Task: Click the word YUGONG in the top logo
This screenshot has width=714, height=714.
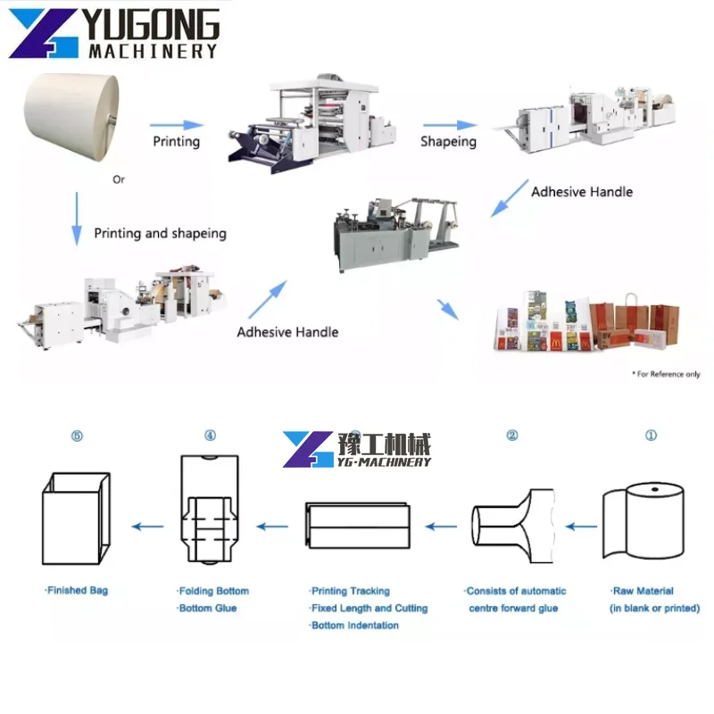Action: [153, 25]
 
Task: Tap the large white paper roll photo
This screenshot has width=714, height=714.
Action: [71, 117]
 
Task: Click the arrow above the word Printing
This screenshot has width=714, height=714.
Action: [177, 125]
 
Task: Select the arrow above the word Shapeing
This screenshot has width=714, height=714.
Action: [450, 125]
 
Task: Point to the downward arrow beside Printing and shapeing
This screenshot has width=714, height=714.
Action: [77, 219]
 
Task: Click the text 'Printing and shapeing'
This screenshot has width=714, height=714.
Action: [161, 234]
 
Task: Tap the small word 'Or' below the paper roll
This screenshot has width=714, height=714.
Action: [119, 180]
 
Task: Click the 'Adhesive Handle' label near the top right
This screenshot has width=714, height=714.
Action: [582, 192]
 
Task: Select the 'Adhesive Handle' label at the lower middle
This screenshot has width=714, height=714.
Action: [287, 332]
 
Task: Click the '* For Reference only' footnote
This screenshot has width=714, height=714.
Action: [666, 374]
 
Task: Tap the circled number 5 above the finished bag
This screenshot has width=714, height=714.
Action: [77, 436]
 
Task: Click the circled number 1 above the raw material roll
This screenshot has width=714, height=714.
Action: [652, 436]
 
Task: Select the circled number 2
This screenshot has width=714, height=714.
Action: [512, 436]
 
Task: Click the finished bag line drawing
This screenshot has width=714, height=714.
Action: [77, 519]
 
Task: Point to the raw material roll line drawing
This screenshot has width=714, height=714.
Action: [643, 521]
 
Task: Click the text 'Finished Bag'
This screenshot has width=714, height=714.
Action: [77, 591]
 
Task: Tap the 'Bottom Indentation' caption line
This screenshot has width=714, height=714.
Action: [354, 626]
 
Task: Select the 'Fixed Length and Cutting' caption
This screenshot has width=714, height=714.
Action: [369, 608]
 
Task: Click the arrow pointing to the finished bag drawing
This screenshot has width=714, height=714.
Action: [147, 527]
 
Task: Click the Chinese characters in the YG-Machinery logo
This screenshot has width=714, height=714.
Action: [384, 444]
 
